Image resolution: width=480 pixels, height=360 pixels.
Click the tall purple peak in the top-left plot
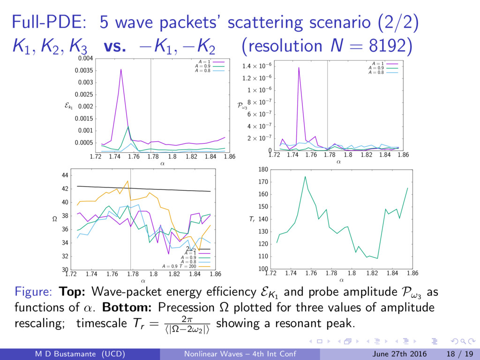[x=121, y=70]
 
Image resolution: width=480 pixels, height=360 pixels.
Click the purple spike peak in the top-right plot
[x=299, y=67]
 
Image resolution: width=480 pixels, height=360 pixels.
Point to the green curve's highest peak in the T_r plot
[x=305, y=177]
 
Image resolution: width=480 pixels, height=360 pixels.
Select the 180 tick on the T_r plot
[x=263, y=170]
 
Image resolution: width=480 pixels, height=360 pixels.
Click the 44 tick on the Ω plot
[x=65, y=175]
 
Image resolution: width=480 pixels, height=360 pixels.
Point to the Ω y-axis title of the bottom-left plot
[x=54, y=219]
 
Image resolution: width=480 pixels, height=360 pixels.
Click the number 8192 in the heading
[x=391, y=46]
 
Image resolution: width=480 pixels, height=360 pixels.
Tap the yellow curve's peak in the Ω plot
[x=127, y=181]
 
